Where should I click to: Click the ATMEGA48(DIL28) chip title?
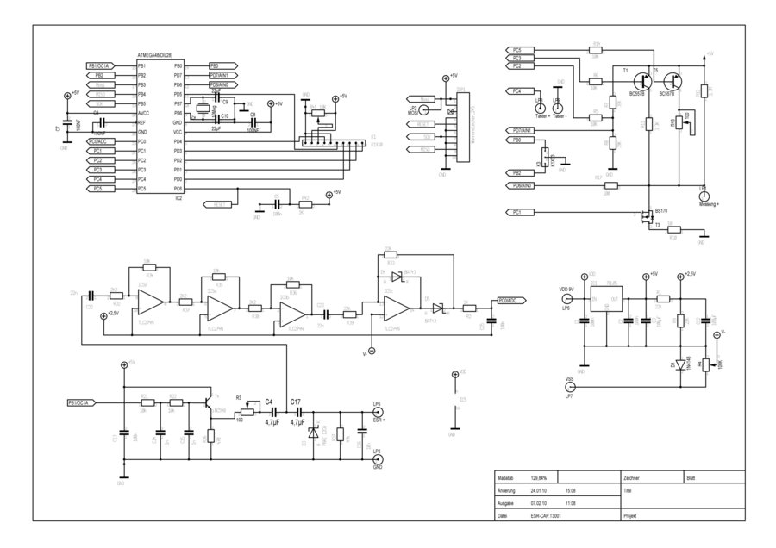[x=161, y=56]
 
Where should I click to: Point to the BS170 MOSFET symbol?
[x=645, y=218]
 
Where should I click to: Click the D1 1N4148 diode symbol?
[x=681, y=365]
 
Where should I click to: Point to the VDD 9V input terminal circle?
[x=566, y=300]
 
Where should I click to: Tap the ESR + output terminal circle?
[x=377, y=413]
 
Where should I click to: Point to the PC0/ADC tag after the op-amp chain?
[x=507, y=301]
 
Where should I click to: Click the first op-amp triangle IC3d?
[x=149, y=302]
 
